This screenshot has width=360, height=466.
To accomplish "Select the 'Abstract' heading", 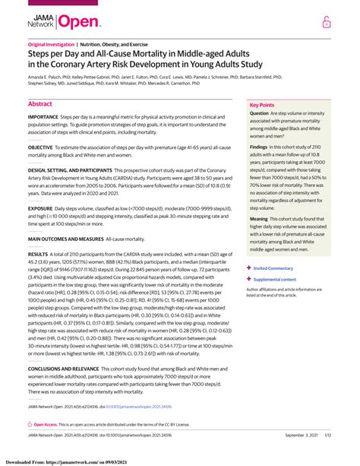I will coord(39,103).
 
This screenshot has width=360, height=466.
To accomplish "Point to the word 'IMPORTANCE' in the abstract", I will coord(43,118).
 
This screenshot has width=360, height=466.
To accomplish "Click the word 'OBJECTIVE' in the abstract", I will coord(41,146).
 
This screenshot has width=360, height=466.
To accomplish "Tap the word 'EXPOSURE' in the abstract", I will coord(40,207).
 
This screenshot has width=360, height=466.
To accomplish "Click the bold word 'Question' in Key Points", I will coord(260,113).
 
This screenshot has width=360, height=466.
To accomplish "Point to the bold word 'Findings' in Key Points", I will coord(260,148).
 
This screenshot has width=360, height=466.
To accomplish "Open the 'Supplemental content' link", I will coord(279,279).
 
